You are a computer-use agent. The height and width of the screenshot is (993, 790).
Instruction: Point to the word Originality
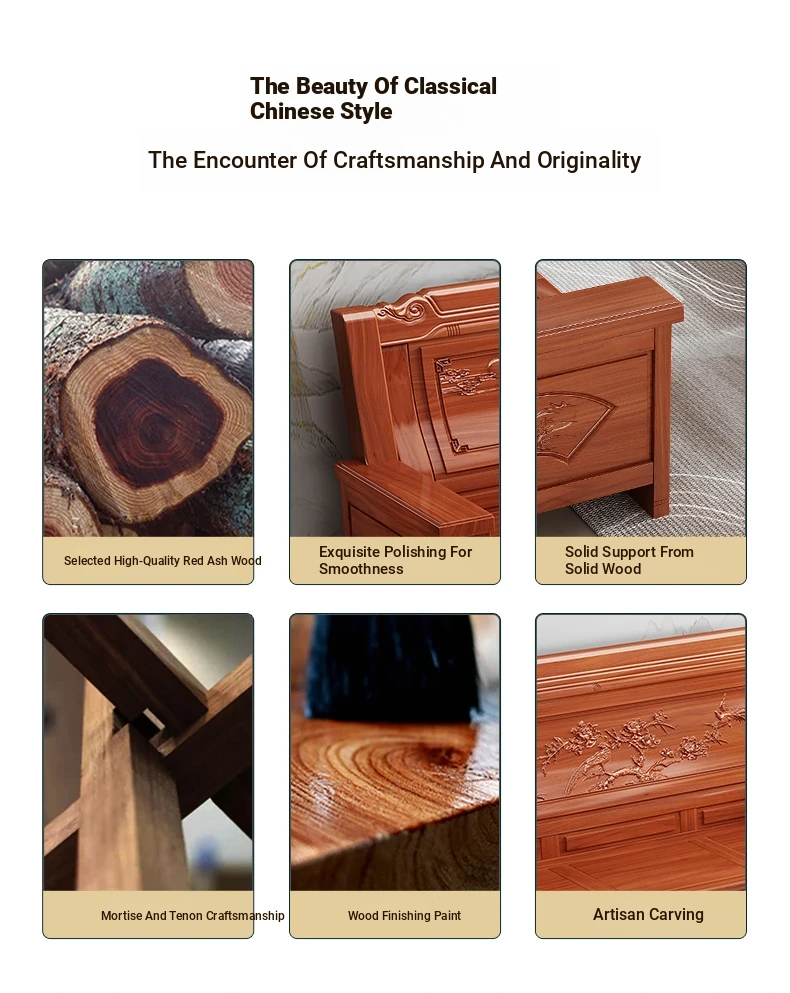(589, 161)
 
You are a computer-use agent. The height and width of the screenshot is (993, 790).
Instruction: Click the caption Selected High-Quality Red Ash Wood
(162, 560)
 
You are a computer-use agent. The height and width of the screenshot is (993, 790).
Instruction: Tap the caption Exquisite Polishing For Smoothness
(395, 560)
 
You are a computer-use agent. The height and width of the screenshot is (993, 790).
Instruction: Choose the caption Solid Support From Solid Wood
(629, 560)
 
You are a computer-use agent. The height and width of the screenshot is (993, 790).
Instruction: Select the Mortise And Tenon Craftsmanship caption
(193, 916)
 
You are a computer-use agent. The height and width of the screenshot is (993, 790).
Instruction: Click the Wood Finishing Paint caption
(404, 916)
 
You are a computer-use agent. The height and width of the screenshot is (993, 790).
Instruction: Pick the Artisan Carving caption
(648, 914)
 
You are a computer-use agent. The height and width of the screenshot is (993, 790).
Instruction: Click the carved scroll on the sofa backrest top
(404, 311)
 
